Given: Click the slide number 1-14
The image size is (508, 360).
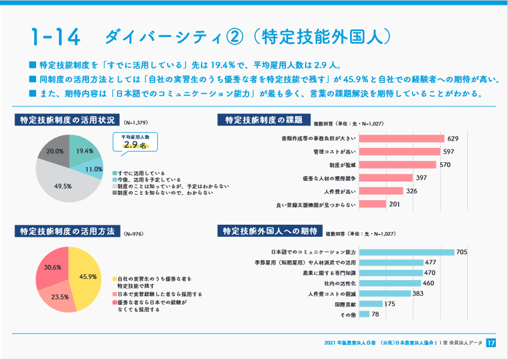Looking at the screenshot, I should point(55,36).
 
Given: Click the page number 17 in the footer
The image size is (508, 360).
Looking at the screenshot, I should point(491,343).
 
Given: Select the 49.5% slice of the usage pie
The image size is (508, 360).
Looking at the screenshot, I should point(63,183).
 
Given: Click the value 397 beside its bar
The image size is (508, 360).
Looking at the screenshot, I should point(422,178).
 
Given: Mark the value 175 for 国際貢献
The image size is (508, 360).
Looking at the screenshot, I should point(389,304).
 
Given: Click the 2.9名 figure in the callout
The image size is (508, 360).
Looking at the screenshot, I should point(135,145).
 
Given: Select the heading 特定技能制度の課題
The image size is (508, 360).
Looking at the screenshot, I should point(264,120).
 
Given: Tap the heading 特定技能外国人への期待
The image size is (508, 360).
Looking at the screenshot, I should point(269,231).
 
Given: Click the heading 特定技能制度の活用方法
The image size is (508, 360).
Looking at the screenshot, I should point(67,231).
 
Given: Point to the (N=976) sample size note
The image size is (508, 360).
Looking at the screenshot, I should point(134,233).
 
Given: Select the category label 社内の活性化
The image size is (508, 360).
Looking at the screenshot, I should point(340,283).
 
